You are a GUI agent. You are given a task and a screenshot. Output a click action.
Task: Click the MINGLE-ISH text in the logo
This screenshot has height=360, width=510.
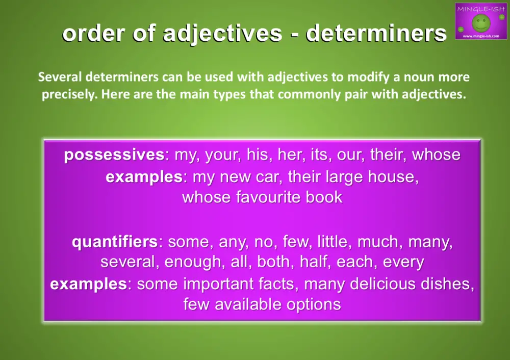(480, 9)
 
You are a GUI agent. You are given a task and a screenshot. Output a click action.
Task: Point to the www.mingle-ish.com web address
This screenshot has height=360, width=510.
(480, 37)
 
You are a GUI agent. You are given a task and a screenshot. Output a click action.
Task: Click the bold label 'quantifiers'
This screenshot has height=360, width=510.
(115, 241)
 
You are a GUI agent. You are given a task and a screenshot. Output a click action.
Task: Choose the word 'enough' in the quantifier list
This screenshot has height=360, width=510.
(190, 262)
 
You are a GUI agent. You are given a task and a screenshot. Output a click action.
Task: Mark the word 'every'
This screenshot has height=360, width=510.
(403, 262)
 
